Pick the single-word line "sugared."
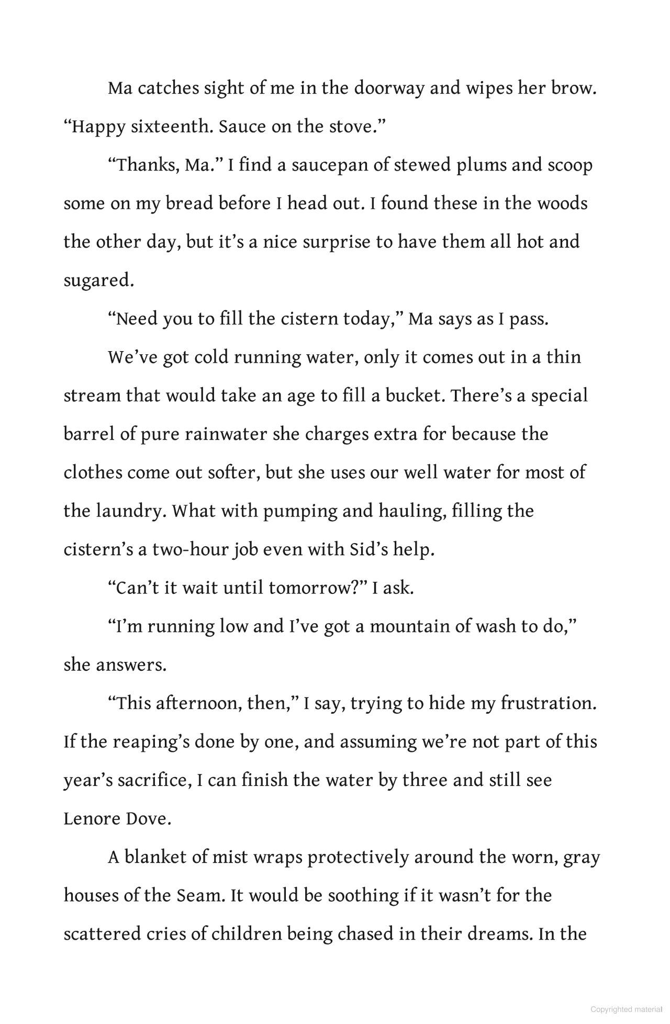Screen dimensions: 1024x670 click(99, 280)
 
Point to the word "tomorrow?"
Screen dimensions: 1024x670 click(317, 588)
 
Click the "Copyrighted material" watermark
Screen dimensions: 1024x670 click(626, 1009)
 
